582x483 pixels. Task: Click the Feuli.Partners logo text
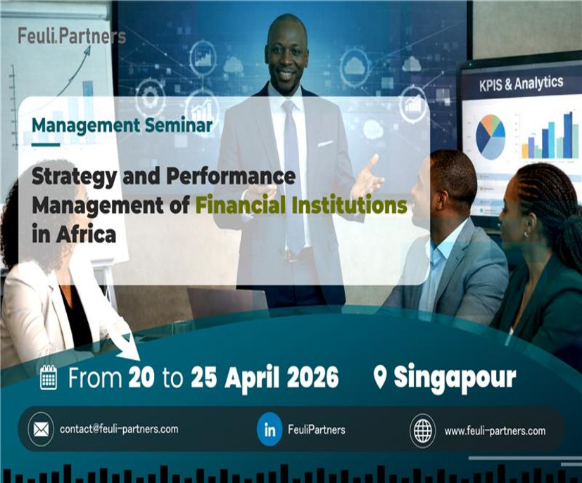(72, 37)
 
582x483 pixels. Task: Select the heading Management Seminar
(122, 125)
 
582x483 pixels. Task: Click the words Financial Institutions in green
(301, 205)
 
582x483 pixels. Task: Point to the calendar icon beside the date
(49, 378)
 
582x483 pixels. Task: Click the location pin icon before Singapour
(380, 378)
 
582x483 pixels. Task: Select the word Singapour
(455, 378)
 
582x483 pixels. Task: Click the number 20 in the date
(141, 378)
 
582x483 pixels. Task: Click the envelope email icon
(41, 430)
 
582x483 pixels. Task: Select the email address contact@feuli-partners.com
(119, 430)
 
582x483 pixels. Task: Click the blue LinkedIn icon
(270, 430)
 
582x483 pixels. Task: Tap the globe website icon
(422, 430)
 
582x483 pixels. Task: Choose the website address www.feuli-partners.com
(495, 431)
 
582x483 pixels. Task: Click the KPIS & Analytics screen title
(521, 84)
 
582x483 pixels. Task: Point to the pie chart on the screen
(491, 136)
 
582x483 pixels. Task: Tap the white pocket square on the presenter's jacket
(325, 143)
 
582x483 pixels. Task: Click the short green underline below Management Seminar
(46, 145)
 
